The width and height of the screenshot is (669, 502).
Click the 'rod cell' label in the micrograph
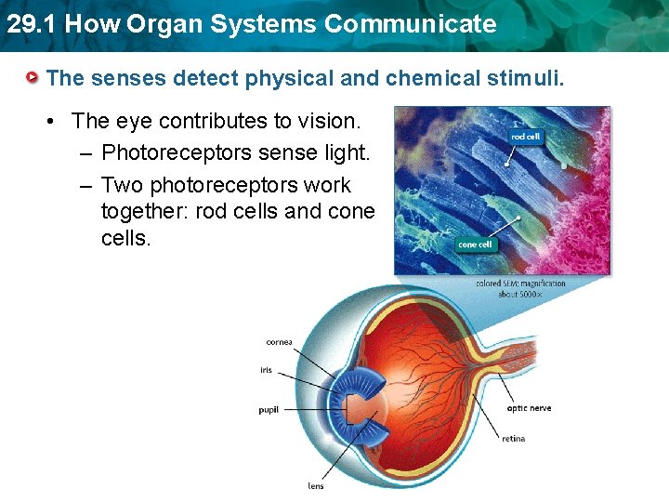[525, 137]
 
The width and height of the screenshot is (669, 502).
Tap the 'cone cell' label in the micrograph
[475, 244]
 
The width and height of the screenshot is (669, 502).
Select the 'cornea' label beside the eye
[279, 342]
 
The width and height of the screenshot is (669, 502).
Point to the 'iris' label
[266, 370]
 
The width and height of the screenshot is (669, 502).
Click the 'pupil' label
[268, 410]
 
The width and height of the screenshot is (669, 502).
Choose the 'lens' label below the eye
[316, 485]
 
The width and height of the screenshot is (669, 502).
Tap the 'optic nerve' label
[529, 408]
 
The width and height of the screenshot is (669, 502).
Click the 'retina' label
[514, 438]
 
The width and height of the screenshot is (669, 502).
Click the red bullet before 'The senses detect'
[33, 77]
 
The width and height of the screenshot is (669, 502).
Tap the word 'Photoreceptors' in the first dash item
[169, 152]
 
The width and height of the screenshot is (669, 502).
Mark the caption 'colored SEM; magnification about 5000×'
[520, 288]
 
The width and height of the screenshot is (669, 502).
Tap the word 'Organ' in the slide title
[152, 24]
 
